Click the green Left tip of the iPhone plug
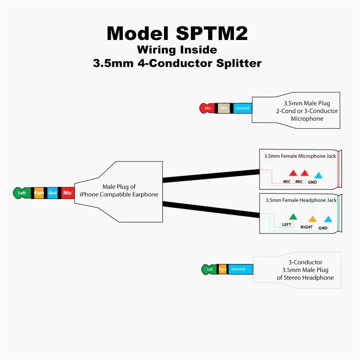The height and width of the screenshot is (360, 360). click(x=21, y=193)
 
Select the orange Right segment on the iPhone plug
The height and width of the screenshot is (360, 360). click(x=39, y=193)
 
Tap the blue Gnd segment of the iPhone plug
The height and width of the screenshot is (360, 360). click(x=53, y=193)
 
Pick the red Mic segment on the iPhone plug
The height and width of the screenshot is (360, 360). click(x=68, y=193)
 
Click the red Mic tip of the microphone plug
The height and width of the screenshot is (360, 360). click(x=207, y=108)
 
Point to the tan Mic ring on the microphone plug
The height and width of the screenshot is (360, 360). click(x=224, y=108)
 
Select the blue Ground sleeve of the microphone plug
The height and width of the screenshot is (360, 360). click(x=242, y=108)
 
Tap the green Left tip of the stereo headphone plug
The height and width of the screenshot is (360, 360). click(x=209, y=269)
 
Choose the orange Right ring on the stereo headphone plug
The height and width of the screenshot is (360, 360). click(x=222, y=269)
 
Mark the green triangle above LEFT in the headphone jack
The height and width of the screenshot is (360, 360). click(x=293, y=217)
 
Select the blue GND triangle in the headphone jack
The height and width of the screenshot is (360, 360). click(x=328, y=219)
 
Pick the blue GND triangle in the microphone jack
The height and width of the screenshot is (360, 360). click(x=318, y=175)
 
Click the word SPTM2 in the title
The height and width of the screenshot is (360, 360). click(x=212, y=33)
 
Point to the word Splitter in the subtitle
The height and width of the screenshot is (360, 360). click(x=239, y=63)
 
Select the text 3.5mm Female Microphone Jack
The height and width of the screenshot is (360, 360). click(x=300, y=156)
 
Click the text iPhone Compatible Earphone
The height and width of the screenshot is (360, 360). click(x=119, y=195)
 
